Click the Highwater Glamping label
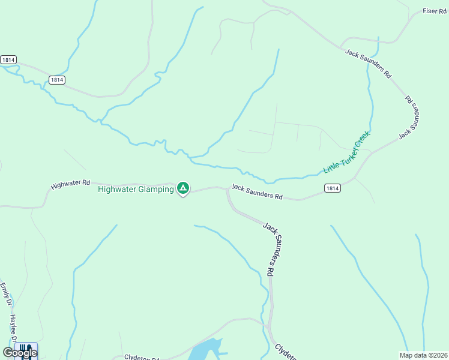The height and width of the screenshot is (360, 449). point(136,189)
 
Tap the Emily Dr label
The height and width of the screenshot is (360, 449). point(6,292)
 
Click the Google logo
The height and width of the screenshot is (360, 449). point(20,352)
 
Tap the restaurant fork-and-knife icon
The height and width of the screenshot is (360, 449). point(24,348)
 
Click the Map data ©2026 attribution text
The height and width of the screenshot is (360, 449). point(423,355)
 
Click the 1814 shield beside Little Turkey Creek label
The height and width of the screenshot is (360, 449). point(333,188)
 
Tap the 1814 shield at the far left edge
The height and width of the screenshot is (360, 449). point(8,60)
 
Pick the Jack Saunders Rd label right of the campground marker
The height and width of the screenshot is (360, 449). point(257,192)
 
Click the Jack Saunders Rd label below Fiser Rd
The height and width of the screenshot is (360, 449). point(368,64)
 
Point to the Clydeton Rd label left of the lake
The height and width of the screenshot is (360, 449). point(142,358)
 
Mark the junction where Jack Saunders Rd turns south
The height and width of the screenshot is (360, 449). point(228,188)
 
